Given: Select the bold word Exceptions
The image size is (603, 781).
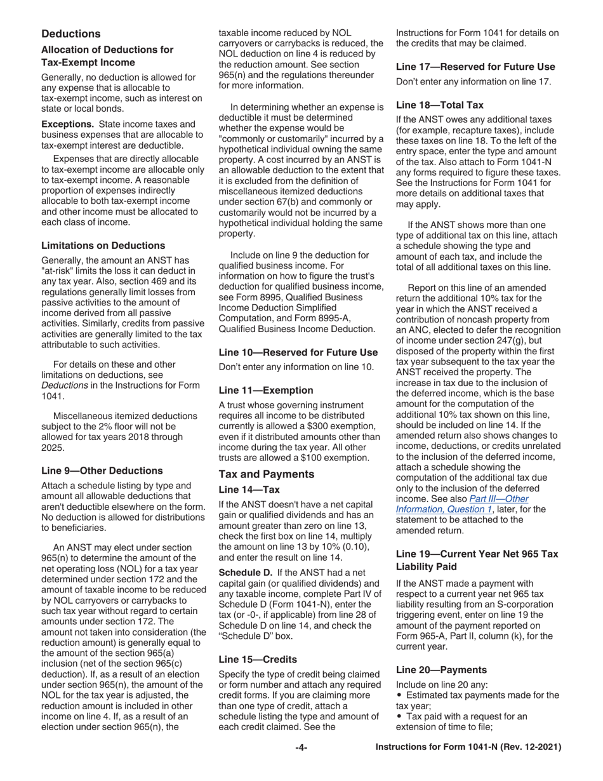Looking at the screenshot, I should point(67,124).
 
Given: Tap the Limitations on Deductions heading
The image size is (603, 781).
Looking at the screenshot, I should point(103,245).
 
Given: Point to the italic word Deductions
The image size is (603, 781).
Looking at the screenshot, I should point(63,385).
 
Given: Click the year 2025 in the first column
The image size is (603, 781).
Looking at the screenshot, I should point(54,448).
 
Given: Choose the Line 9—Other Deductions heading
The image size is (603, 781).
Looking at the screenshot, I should point(102,471).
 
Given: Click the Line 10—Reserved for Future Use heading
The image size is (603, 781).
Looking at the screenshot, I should point(298,352).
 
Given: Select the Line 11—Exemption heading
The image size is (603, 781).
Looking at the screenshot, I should point(266,390).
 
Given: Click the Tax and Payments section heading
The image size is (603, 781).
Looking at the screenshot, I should point(266,474).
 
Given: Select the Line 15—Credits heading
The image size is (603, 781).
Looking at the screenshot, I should point(258,659).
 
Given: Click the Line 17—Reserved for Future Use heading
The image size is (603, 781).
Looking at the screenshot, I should point(475,67).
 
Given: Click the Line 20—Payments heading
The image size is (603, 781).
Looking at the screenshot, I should point(441,670).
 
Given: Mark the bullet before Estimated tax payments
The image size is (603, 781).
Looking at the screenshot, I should point(399,695).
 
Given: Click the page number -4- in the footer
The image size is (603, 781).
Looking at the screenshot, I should point(301,748).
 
